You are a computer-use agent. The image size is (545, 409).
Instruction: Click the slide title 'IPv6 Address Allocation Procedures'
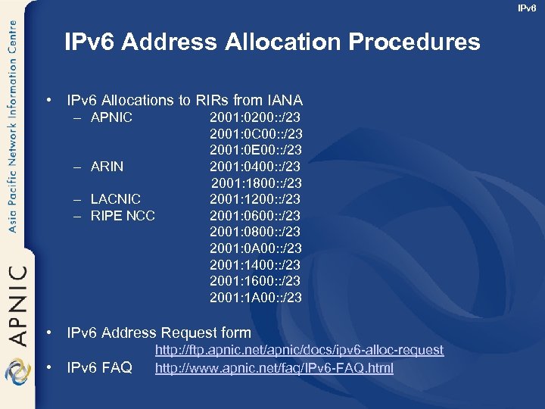pyautogui.click(x=272, y=42)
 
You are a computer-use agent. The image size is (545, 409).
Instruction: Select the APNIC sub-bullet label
pyautogui.click(x=111, y=117)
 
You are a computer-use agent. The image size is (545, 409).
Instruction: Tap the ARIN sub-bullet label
pyautogui.click(x=107, y=166)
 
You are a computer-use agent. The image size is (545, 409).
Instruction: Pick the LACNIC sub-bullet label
pyautogui.click(x=115, y=199)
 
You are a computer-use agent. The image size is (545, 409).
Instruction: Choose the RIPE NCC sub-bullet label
pyautogui.click(x=122, y=216)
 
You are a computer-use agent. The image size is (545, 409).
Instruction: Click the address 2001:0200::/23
pyautogui.click(x=256, y=117)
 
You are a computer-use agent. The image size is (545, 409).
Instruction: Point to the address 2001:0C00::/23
pyautogui.click(x=256, y=134)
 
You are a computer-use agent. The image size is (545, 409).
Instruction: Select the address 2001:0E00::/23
pyautogui.click(x=256, y=150)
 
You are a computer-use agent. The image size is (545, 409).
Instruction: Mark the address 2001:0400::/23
pyautogui.click(x=255, y=166)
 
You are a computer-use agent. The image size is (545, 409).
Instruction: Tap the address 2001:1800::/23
pyautogui.click(x=257, y=183)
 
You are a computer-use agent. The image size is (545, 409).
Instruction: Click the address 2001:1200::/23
pyautogui.click(x=255, y=199)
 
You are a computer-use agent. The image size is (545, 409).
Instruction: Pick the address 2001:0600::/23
pyautogui.click(x=255, y=216)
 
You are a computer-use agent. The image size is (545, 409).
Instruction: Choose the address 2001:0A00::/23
pyautogui.click(x=256, y=248)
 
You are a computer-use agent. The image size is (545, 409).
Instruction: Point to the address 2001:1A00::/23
pyautogui.click(x=256, y=298)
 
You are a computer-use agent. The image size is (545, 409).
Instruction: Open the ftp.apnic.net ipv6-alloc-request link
pyautogui.click(x=299, y=350)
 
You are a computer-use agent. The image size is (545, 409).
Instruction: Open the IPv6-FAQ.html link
pyautogui.click(x=274, y=368)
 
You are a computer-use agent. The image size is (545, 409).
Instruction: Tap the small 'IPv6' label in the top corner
pyautogui.click(x=527, y=8)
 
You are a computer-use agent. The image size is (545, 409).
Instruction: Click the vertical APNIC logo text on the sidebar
pyautogui.click(x=18, y=303)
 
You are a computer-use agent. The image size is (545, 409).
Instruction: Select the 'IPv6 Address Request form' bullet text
pyautogui.click(x=159, y=333)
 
